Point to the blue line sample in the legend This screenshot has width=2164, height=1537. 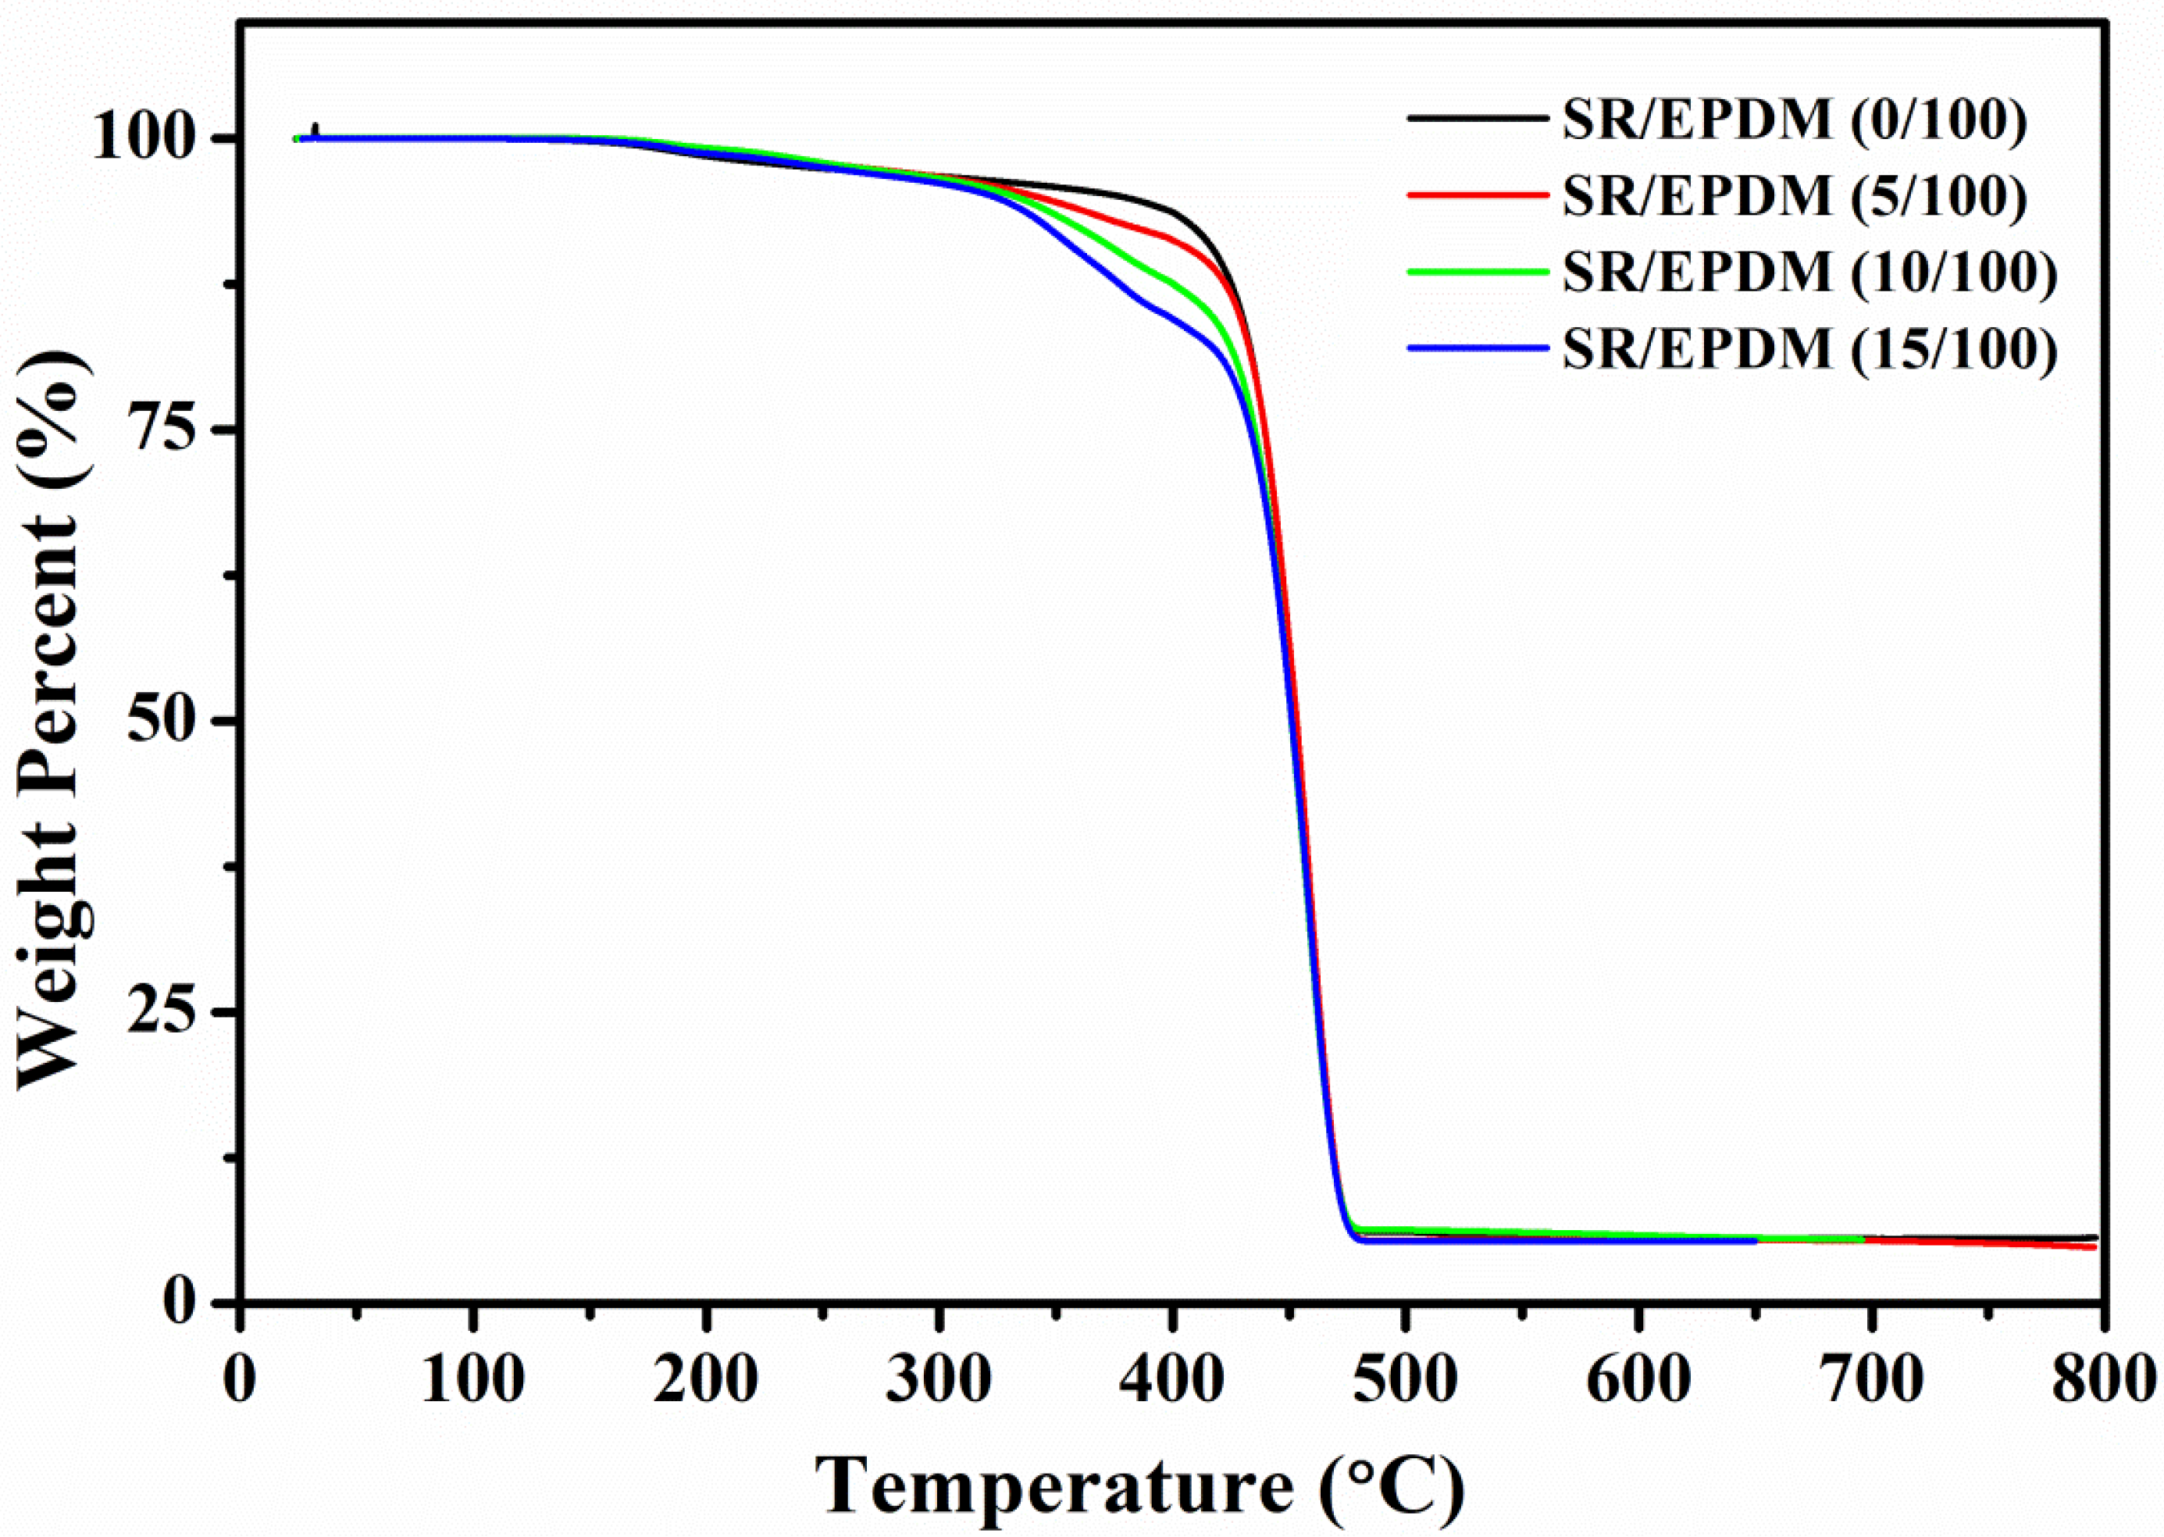click(x=1478, y=348)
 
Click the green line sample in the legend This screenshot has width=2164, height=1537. click(x=1478, y=271)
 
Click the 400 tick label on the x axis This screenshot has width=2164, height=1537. click(x=1171, y=1382)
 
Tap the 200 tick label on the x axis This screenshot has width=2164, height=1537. click(x=706, y=1382)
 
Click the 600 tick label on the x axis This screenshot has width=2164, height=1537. click(x=1637, y=1382)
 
